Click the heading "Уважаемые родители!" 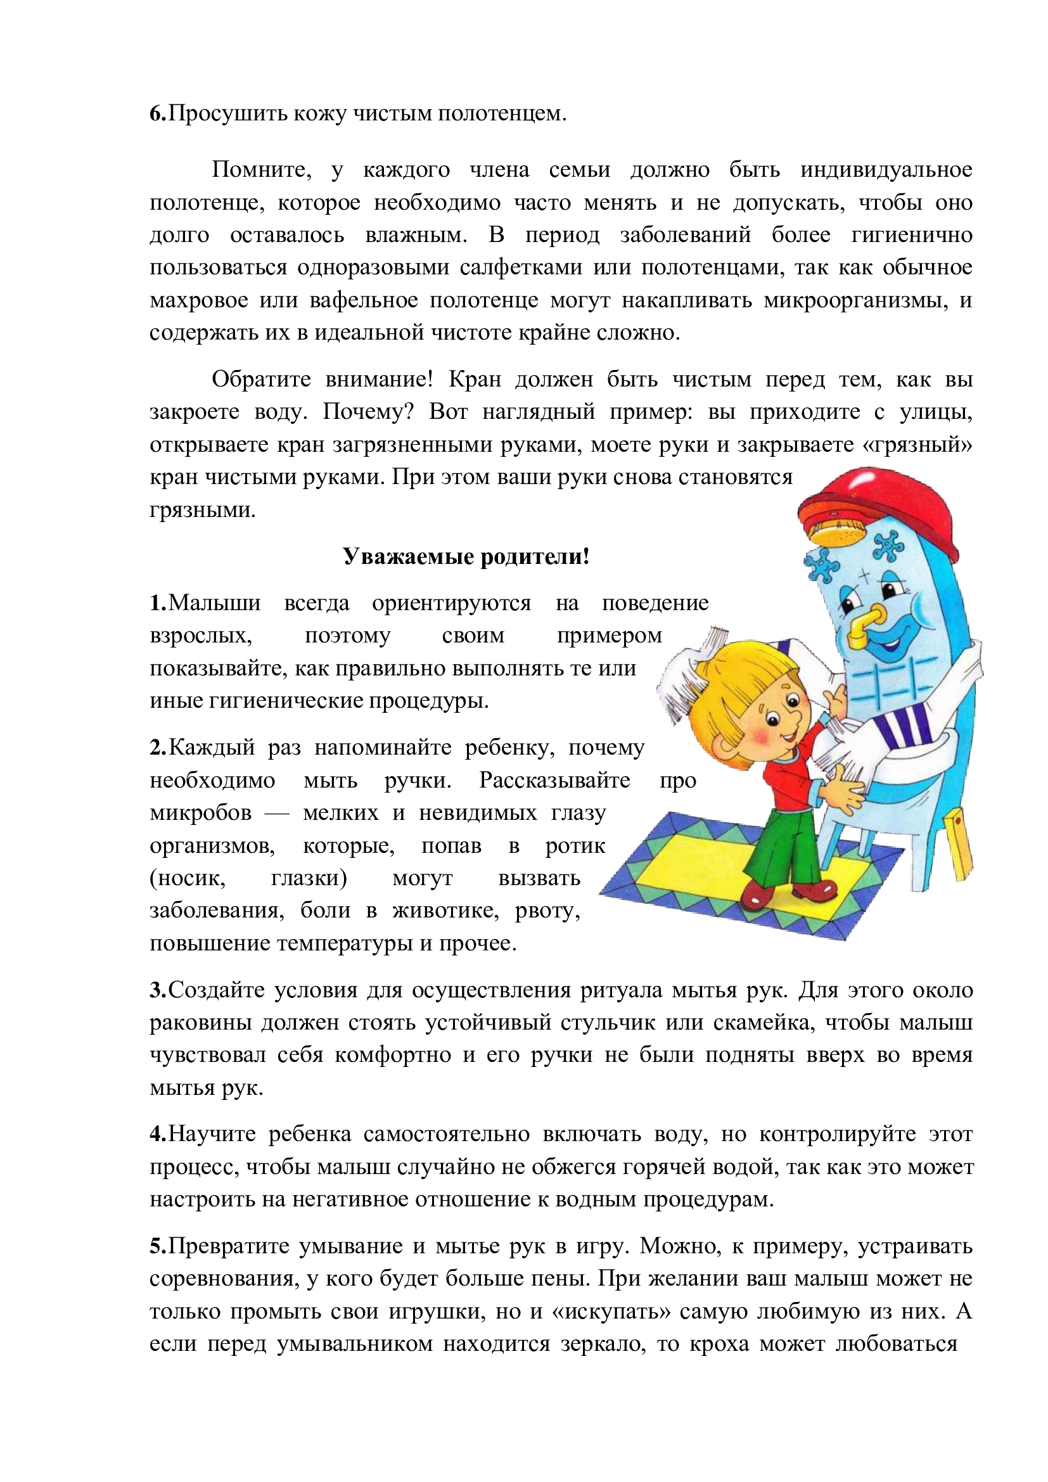[x=465, y=556]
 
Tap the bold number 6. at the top [x=158, y=113]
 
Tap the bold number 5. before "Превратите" [x=158, y=1246]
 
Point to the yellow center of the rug [x=703, y=865]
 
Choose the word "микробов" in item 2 [x=201, y=813]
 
